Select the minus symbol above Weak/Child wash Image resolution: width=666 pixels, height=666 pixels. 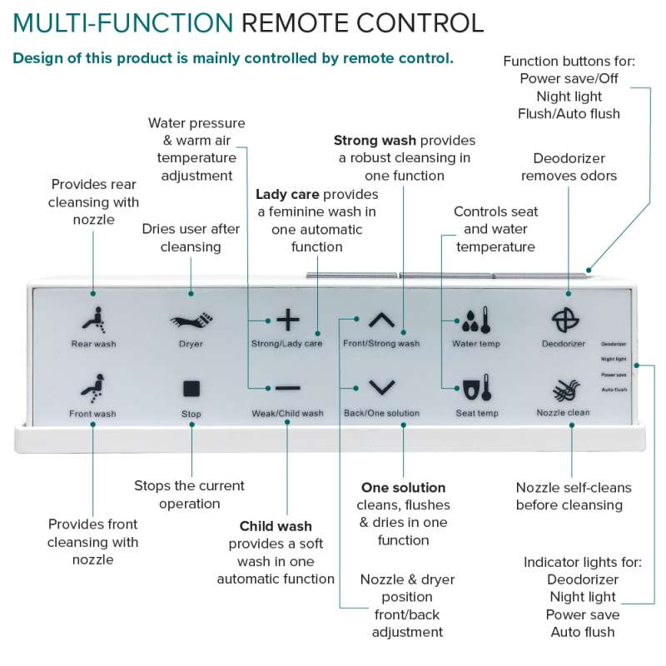[x=287, y=388]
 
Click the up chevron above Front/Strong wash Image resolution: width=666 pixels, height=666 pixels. [x=381, y=320]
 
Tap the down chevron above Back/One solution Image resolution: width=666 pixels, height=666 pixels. [x=381, y=387]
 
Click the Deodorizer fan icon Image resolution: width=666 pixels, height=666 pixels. [x=569, y=320]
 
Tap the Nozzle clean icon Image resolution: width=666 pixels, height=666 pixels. [x=569, y=390]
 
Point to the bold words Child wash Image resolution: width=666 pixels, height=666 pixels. [x=276, y=526]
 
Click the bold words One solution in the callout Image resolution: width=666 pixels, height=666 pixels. [x=403, y=488]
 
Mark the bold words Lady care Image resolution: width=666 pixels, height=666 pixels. [x=287, y=194]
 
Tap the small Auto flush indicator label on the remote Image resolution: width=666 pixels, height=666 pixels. [x=614, y=390]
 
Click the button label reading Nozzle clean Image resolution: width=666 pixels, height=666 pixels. [x=569, y=413]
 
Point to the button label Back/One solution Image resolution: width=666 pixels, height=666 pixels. [x=381, y=414]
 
